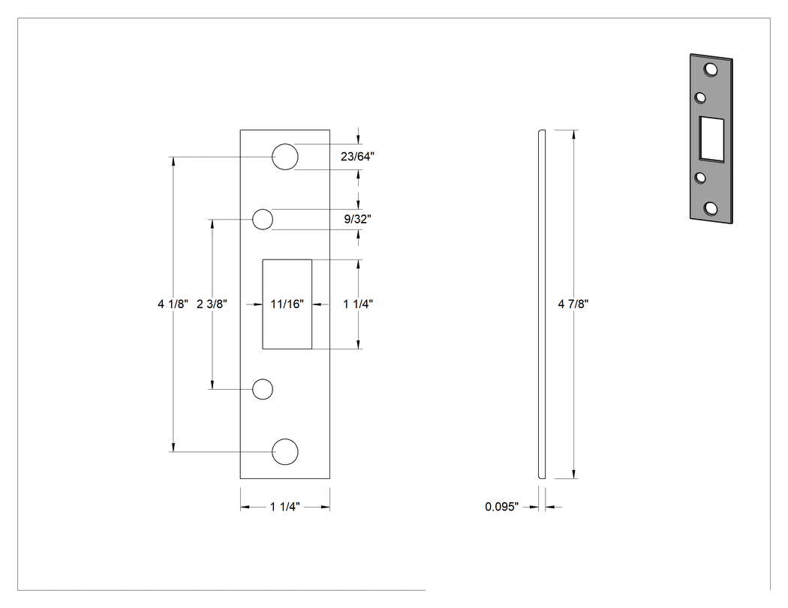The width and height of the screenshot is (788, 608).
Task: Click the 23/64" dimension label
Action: click(357, 157)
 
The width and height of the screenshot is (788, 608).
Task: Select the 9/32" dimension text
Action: click(357, 219)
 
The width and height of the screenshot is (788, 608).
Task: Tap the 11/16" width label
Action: click(287, 304)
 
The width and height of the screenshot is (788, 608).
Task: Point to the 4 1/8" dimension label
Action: click(173, 304)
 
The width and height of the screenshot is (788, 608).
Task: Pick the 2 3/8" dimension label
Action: click(212, 304)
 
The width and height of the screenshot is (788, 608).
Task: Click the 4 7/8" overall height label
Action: click(573, 304)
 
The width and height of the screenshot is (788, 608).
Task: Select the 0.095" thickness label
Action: click(501, 507)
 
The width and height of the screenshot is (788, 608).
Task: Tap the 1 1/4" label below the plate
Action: click(285, 507)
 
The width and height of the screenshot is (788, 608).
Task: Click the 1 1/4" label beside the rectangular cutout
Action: click(358, 304)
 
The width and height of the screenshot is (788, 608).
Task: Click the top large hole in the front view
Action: click(285, 157)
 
